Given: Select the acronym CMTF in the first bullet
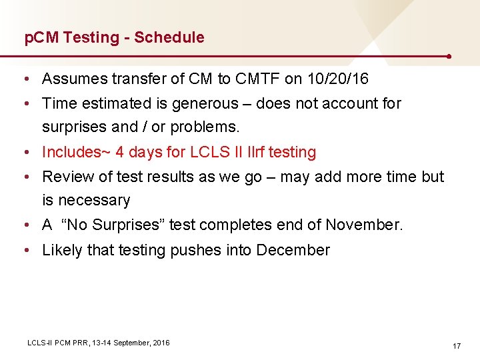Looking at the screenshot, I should point(256,79).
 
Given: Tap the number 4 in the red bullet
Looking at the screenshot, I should point(120,152).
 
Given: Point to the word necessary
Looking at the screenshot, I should point(95,201).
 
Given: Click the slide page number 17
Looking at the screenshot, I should point(457,346).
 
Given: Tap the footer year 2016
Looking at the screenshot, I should point(161,343).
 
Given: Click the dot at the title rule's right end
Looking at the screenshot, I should point(450,57).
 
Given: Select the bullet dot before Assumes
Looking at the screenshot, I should point(25,79).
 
